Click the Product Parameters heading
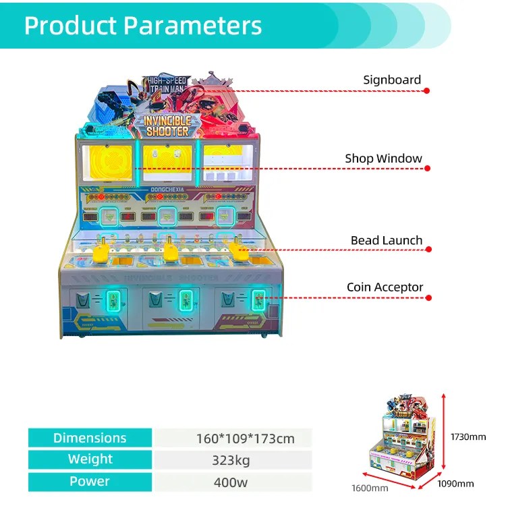point(143,26)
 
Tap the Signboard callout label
point(391,80)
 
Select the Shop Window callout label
point(383,159)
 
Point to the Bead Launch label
point(386,240)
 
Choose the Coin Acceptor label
point(385,287)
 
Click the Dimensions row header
point(90,438)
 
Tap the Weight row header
point(90,459)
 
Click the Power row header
point(90,482)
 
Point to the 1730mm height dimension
point(469,437)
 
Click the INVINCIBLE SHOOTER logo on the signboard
point(167,125)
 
